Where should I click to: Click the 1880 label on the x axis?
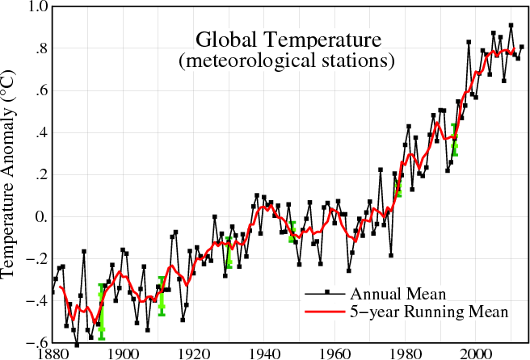point(53,352)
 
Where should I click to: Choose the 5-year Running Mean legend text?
point(427,312)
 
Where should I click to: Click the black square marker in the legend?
point(326,292)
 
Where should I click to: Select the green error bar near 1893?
point(102,312)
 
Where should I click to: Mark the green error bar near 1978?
point(397,186)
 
